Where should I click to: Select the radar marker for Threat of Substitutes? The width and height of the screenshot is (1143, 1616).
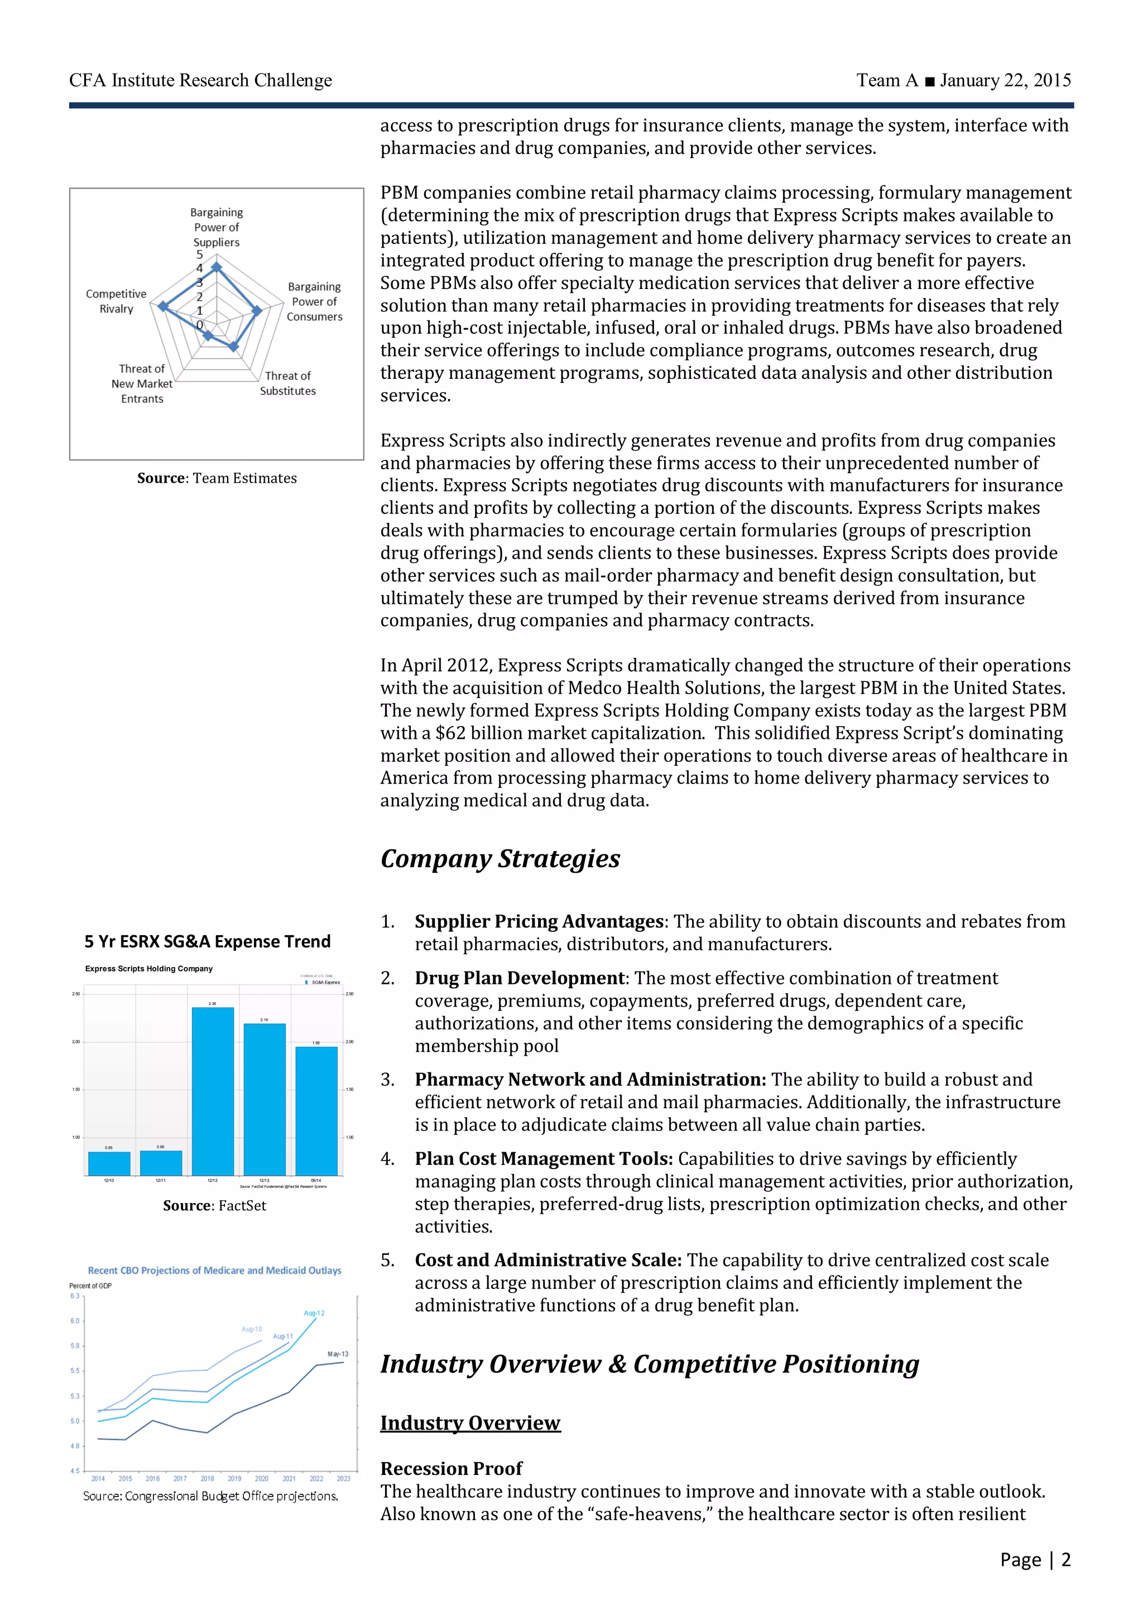(234, 347)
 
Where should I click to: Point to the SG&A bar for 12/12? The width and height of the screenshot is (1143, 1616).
(213, 1091)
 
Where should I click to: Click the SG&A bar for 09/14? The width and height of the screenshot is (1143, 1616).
(316, 1110)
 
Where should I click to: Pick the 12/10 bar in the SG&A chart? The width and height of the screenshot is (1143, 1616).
(109, 1163)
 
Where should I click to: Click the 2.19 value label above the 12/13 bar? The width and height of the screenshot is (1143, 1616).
(264, 1019)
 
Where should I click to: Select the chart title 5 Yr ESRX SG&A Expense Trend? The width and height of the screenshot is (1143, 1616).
(208, 942)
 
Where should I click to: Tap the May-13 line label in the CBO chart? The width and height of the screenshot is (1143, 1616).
(338, 1354)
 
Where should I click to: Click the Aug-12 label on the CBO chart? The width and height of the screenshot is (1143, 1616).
(314, 1312)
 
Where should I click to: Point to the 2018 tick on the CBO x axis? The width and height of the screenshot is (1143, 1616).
(207, 1478)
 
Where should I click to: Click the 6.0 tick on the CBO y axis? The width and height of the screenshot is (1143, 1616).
(75, 1320)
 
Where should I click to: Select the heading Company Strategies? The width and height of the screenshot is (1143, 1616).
(500, 859)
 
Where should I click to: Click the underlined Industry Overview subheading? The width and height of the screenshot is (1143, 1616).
(470, 1422)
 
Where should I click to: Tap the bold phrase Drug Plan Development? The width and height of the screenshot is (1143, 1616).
(520, 978)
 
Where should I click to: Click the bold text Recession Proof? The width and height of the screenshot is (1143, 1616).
(451, 1468)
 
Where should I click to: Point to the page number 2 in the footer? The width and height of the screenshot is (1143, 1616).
(1065, 1560)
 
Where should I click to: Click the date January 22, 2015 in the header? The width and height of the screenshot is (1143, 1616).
(1005, 80)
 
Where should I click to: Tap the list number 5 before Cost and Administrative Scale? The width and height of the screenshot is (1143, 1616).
(387, 1260)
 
